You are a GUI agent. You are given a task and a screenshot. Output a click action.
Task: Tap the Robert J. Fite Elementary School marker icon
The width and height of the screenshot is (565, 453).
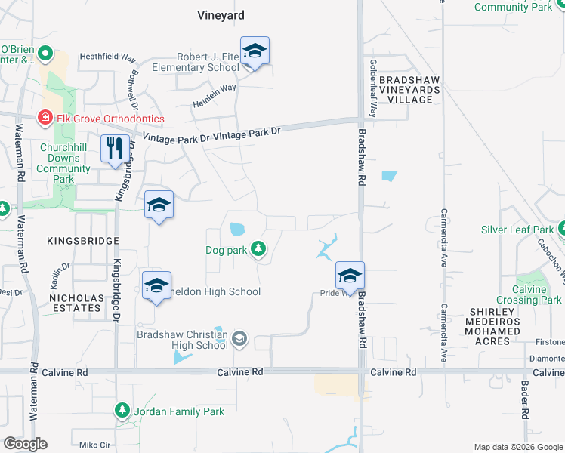[255, 52]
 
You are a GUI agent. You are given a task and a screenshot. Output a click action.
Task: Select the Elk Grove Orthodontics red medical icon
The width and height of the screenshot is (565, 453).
[45, 119]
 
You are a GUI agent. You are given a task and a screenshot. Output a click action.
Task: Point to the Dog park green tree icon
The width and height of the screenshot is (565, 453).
[259, 248]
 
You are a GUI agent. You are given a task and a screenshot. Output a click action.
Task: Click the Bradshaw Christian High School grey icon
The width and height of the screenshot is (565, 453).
[240, 339]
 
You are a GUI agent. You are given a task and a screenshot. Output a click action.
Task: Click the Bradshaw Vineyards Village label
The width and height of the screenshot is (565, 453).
[409, 89]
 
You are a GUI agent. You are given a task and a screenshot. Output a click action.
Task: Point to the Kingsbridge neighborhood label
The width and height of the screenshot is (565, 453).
[83, 240]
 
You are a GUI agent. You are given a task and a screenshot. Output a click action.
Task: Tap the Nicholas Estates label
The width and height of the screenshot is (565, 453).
[76, 303]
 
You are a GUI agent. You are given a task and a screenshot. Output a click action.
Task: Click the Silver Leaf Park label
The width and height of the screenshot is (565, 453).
[517, 230]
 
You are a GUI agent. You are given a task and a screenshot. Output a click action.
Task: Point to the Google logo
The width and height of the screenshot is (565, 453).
[25, 444]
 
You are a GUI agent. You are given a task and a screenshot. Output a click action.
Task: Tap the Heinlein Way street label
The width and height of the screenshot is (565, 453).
[214, 88]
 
